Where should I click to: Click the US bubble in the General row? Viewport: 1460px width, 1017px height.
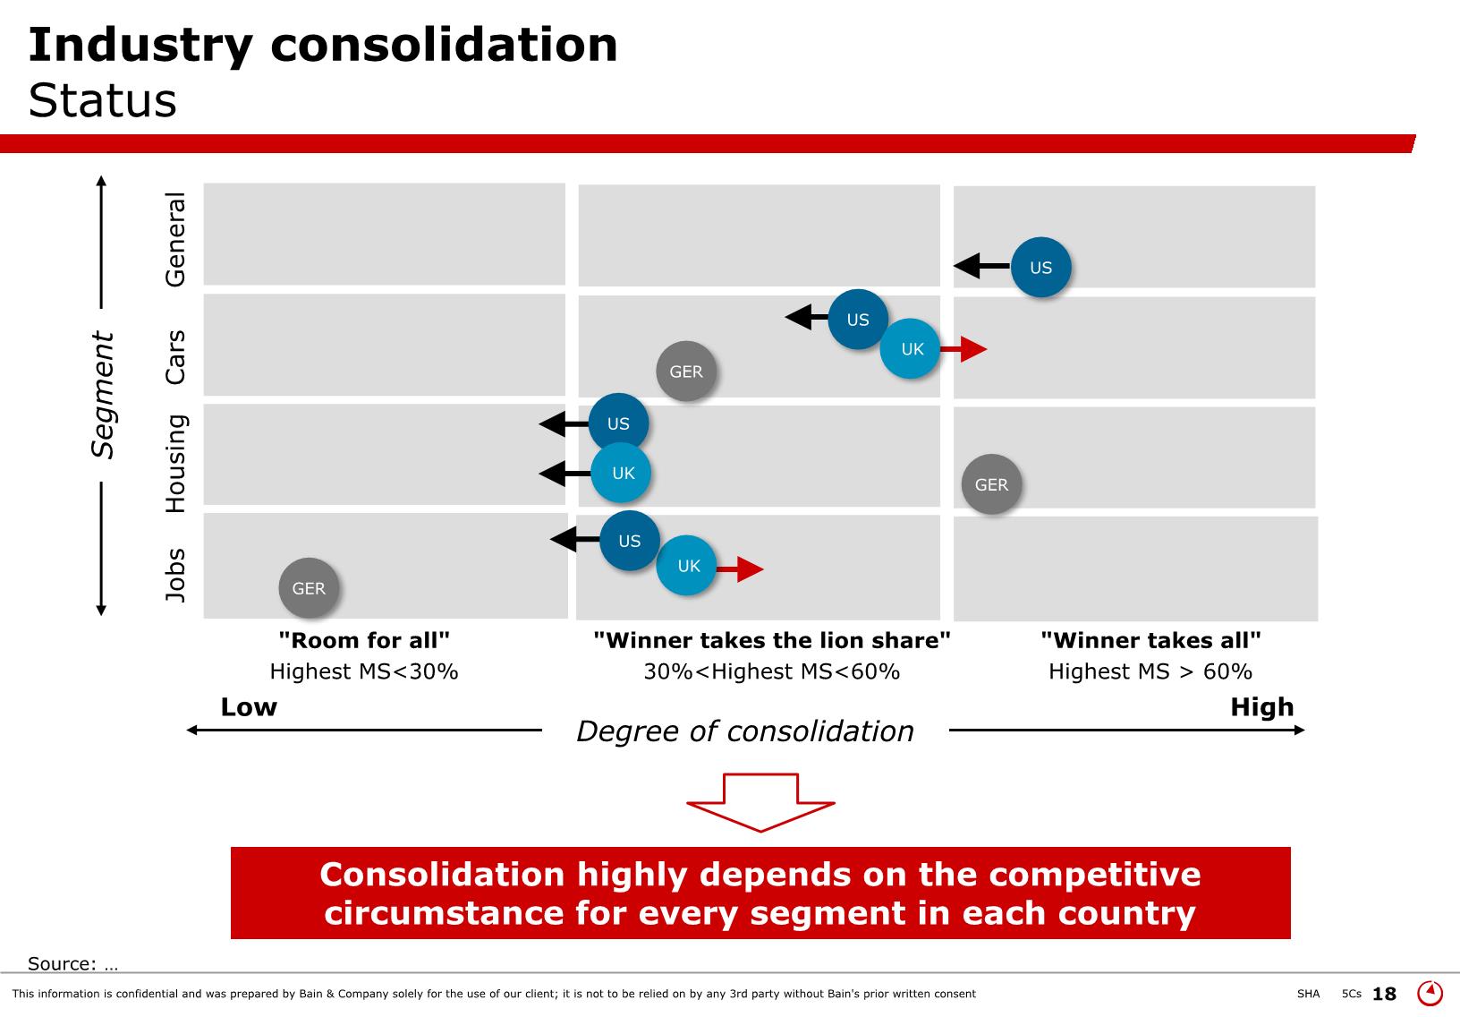pos(1041,267)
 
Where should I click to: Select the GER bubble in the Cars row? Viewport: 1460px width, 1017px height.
pos(686,372)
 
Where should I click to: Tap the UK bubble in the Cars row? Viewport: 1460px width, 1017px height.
pos(911,348)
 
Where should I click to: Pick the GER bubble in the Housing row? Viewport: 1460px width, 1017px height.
pos(991,484)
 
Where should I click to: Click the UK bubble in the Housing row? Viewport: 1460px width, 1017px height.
pos(621,473)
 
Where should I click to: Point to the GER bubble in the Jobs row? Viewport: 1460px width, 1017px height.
pos(309,588)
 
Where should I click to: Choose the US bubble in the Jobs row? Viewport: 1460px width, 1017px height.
pos(630,541)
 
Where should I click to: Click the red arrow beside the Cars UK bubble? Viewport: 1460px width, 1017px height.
pos(963,349)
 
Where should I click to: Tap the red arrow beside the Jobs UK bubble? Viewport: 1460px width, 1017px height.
pos(740,568)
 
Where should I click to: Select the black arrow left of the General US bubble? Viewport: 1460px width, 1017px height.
pos(981,266)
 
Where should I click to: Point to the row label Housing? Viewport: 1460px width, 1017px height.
pos(176,463)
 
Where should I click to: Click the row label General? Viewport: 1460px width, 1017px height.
pos(174,239)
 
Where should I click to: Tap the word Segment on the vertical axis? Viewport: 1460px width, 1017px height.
pos(102,395)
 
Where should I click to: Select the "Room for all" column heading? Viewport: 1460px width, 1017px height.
pos(364,640)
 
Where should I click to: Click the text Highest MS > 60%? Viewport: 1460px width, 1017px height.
pos(1150,671)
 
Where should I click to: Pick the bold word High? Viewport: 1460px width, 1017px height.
pos(1262,707)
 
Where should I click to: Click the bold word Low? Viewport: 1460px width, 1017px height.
pos(249,707)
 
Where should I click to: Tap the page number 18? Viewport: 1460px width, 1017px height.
pos(1384,994)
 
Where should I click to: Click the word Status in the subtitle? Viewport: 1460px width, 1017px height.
pos(102,100)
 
